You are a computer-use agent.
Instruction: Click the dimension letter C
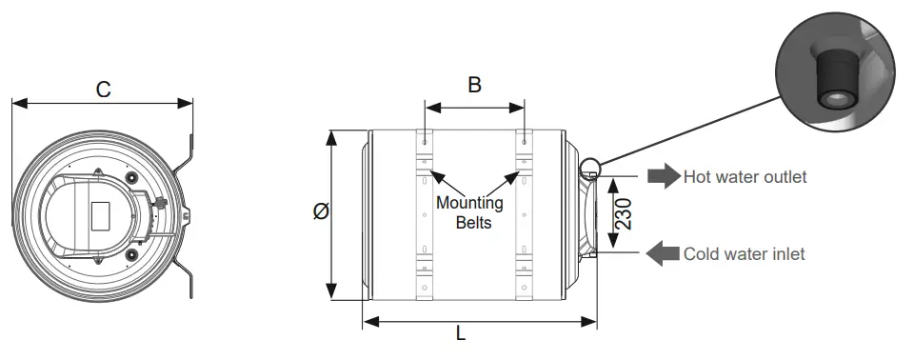(103, 90)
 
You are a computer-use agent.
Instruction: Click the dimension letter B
(474, 85)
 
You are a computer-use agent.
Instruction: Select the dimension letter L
(461, 333)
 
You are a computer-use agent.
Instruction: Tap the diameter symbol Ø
(321, 210)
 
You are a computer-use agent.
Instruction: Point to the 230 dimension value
(624, 213)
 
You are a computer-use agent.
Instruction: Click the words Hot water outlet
(745, 176)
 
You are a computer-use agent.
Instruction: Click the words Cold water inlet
(744, 253)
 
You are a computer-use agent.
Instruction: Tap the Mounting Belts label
(469, 212)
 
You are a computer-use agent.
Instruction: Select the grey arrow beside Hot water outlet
(664, 175)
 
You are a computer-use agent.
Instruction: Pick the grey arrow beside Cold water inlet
(663, 253)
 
